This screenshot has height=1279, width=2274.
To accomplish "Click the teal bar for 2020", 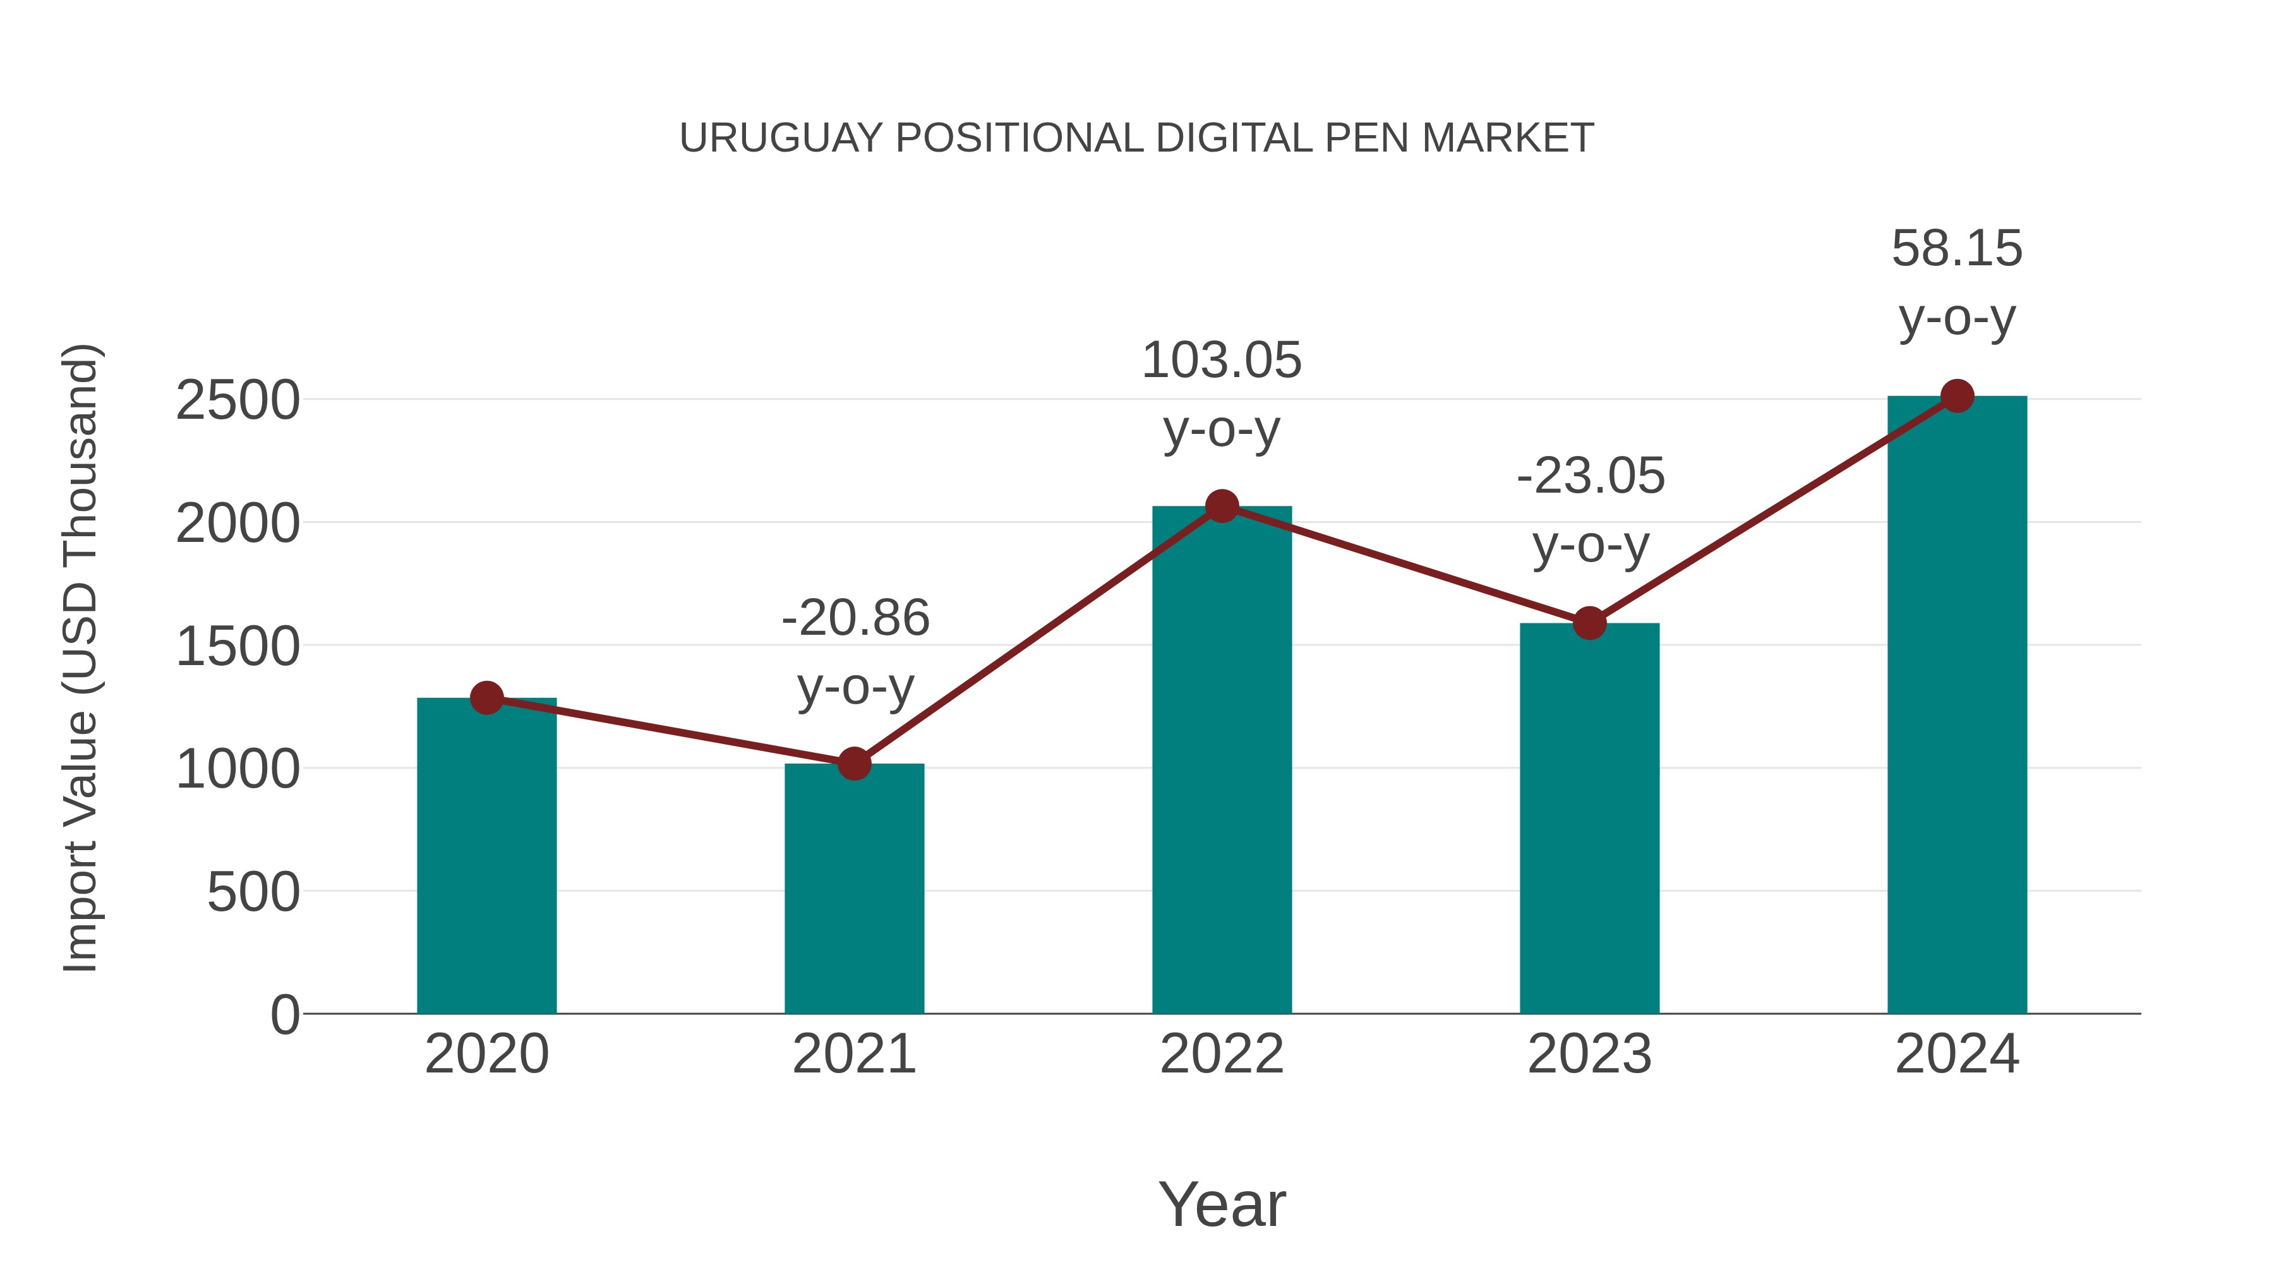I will [486, 856].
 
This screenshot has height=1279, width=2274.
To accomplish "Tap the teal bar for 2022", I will [1222, 759].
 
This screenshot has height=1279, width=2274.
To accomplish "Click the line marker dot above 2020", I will [486, 698].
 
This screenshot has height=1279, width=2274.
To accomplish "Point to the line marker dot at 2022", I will [1222, 506].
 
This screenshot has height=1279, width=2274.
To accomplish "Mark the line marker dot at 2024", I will [1957, 396].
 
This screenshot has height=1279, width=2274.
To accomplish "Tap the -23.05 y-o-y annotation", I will [1590, 510].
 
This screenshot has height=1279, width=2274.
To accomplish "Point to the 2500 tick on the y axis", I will [238, 400].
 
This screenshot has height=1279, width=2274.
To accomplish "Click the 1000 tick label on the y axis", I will [238, 770].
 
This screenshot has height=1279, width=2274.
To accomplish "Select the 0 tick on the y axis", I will [284, 1015].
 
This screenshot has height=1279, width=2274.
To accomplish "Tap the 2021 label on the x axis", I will [853, 1054].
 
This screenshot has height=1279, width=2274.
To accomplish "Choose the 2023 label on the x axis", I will [1589, 1054].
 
